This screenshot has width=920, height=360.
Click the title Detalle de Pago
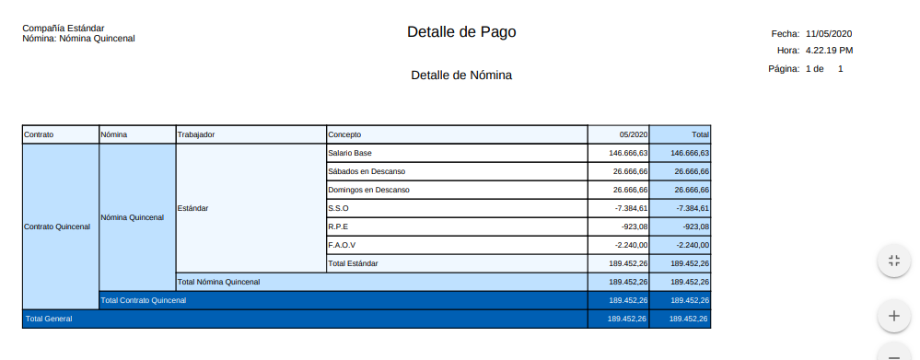[461, 32]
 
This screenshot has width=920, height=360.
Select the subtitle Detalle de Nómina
[461, 75]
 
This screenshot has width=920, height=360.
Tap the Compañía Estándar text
[63, 29]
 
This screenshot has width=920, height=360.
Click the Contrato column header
[40, 134]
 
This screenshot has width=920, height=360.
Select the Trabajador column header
[196, 134]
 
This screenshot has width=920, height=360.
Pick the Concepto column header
[345, 134]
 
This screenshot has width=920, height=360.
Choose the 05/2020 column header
[634, 134]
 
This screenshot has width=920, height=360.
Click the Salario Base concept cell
[350, 153]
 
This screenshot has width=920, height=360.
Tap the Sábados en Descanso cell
[367, 171]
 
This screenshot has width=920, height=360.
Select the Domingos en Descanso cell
[368, 190]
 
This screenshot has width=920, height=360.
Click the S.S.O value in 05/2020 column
[632, 208]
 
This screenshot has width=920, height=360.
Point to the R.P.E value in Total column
[693, 226]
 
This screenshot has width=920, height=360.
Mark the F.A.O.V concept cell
[342, 245]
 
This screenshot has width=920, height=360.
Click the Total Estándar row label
[353, 263]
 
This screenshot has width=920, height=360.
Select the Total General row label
[49, 319]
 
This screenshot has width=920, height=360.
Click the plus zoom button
[892, 316]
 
